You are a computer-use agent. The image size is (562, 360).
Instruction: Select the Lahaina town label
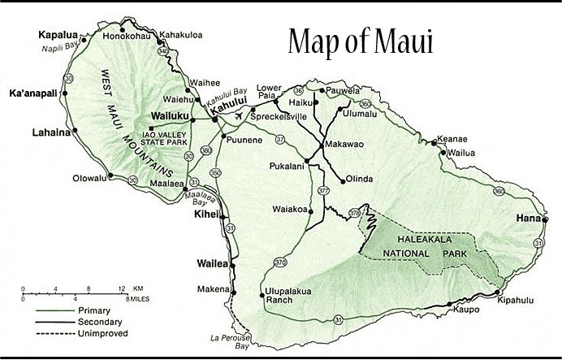(x=50, y=131)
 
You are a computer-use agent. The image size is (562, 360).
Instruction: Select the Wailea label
(x=213, y=263)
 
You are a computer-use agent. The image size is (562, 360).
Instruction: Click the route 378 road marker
(x=354, y=213)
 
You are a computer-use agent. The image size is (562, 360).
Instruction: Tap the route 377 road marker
(x=324, y=190)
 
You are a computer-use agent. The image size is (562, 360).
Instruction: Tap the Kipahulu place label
(x=515, y=300)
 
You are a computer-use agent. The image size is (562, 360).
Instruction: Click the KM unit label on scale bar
(x=138, y=288)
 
